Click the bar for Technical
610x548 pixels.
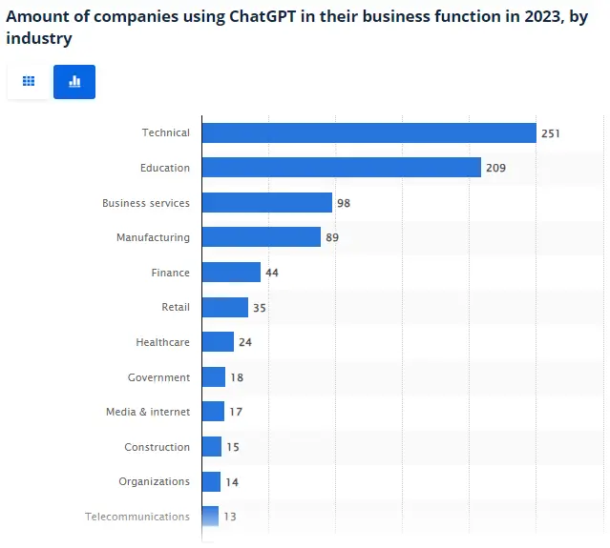point(368,133)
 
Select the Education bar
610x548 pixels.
point(341,168)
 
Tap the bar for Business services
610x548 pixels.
point(266,203)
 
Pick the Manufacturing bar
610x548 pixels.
point(261,237)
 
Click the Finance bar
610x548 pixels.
point(231,273)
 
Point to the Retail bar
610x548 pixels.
point(224,307)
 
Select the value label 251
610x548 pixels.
point(551,133)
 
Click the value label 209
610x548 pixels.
point(495,168)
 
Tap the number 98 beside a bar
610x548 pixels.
point(345,203)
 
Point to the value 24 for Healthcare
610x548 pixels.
point(245,342)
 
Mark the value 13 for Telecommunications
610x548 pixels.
point(229,517)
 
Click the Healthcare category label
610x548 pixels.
point(163,342)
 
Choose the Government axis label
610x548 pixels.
point(158,377)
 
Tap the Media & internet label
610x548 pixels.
point(148,412)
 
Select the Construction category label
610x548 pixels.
point(157,447)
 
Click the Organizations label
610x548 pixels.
point(154,481)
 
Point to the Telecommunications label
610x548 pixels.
point(137,517)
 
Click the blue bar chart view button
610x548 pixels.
point(74,82)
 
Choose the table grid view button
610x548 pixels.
point(29,82)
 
